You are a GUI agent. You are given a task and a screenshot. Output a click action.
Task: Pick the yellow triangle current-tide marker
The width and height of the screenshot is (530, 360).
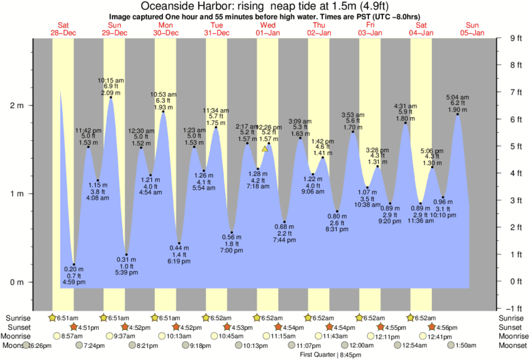pyautogui.click(x=265, y=148)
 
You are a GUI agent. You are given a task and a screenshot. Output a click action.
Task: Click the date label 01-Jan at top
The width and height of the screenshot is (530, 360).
pyautogui.click(x=267, y=33)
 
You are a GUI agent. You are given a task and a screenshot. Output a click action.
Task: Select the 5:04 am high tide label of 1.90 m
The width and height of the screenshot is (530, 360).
pyautogui.click(x=458, y=103)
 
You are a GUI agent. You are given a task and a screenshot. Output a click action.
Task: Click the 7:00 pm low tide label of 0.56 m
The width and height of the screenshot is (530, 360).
pyautogui.click(x=231, y=244)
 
